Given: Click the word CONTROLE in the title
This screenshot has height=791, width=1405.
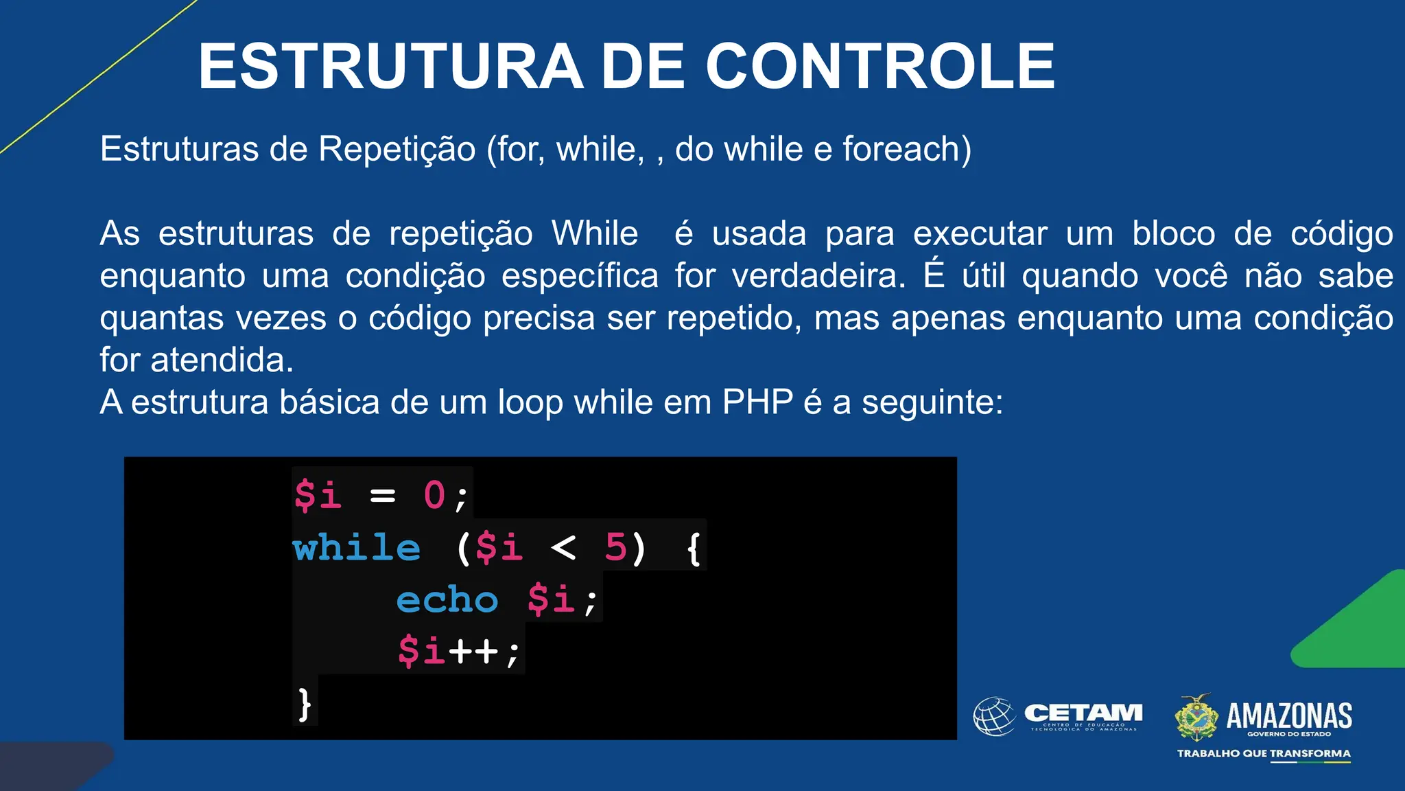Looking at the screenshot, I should coord(880,66).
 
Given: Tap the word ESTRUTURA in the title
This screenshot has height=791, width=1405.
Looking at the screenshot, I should coord(390,66).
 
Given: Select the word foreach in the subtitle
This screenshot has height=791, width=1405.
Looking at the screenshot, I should coord(901,149).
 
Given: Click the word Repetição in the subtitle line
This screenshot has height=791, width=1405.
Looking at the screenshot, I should coord(397,149).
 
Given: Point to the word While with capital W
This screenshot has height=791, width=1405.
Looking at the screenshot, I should coord(595,233).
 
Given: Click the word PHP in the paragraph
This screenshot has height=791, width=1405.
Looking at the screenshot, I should coord(757,402).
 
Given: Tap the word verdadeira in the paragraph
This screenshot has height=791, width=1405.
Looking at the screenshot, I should coord(818,276).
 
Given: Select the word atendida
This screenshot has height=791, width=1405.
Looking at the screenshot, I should coord(222,360).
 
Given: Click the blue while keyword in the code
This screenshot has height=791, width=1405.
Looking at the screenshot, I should coord(356,548).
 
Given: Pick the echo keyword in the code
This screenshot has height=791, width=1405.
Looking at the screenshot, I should coord(447,600).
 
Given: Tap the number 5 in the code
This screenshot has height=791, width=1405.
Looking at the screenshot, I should coord(615,548).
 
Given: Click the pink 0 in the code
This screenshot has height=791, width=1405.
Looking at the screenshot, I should coord(434,495).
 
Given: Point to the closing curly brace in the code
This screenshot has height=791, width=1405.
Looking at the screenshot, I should coord(305,704).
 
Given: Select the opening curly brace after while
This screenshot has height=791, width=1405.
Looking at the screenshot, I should coord(694,549).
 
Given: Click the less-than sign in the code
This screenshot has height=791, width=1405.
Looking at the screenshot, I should coord(563,548).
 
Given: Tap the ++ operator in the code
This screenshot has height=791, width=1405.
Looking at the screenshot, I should coord(473,651).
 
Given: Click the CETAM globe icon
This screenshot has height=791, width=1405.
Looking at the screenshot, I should coord(994,716).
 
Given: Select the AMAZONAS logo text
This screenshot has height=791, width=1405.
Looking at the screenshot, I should coord(1288,715).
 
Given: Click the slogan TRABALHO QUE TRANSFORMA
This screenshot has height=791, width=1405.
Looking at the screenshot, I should coord(1264,753).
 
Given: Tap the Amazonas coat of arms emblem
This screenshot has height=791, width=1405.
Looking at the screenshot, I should coord(1196,717).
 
